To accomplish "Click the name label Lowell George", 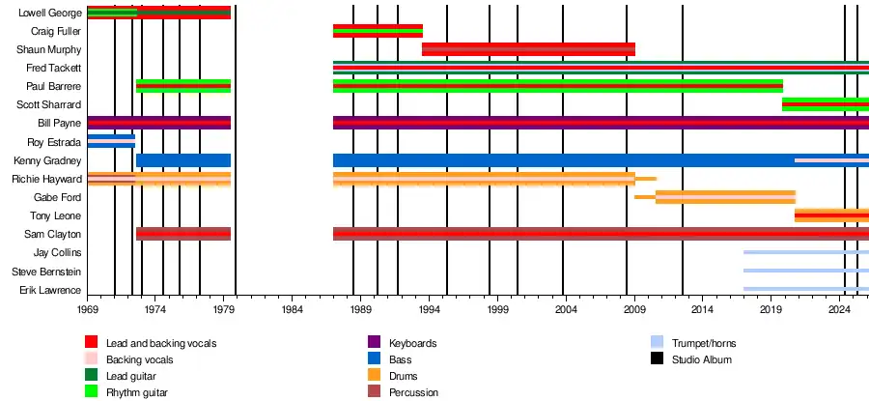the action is point(50,13).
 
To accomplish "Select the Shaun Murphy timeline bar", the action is point(528,49).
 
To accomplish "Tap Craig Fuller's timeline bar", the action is point(378,31).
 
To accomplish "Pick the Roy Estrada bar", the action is point(111,141).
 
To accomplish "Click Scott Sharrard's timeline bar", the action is point(826,104).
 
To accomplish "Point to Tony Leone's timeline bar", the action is point(831,215).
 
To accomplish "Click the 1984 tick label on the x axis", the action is point(292,309).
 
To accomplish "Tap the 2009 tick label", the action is point(634,309).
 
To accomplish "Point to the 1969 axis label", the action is point(87,309).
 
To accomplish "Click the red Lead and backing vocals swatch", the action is point(92,342).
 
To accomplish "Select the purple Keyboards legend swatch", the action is point(374,342).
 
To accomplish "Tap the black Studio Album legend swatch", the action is point(657,358).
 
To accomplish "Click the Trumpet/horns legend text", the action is point(704,343).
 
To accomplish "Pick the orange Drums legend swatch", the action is point(374,376).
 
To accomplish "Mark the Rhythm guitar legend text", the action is point(137,392).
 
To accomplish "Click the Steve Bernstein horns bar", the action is point(806,271).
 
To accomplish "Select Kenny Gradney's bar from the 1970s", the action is point(183,160).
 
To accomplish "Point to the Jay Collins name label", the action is point(57,253).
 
